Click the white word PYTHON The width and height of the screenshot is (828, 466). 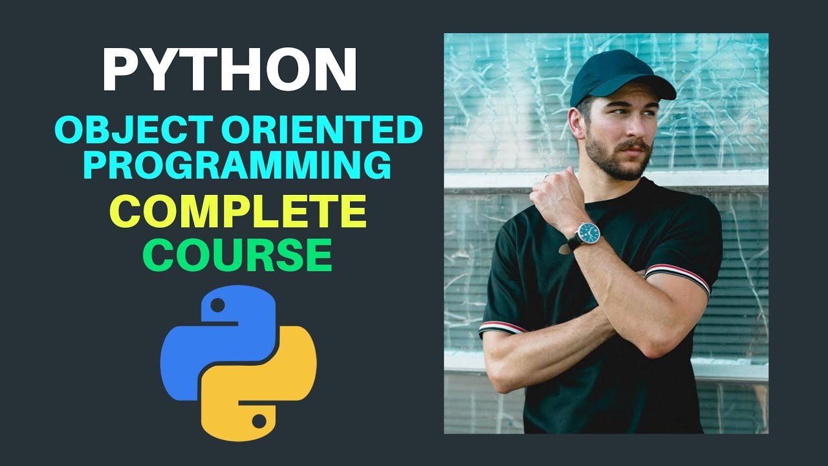pyautogui.click(x=230, y=71)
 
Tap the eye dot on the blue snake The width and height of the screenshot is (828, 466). pyautogui.click(x=219, y=304)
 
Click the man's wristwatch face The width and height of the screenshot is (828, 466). pyautogui.click(x=588, y=232)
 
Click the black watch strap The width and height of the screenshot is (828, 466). pyautogui.click(x=572, y=243)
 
